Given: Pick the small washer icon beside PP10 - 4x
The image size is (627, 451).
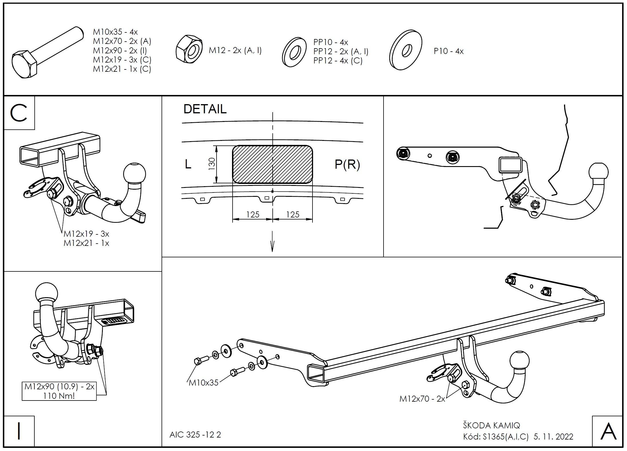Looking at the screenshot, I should point(294,52).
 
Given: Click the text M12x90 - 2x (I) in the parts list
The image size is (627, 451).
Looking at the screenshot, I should point(120,50).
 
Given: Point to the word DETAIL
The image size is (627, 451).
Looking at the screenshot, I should point(205,109).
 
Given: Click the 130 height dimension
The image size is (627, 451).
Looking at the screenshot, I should point(212,164).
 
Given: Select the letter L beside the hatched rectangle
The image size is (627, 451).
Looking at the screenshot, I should point(188,164).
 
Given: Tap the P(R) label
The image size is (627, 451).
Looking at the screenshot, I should point(347,164).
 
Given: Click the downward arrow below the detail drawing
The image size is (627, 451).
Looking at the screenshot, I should point(272,244).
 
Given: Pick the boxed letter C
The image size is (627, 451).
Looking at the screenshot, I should point(19,113).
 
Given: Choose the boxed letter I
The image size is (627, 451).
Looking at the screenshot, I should point(19,431).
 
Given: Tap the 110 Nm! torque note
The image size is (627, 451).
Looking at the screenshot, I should point(59,396).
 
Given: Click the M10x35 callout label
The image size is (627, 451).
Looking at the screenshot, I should point(204,383).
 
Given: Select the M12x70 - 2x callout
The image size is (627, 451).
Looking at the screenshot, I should point(422,399).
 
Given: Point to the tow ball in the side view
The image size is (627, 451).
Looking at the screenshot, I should point(598,173).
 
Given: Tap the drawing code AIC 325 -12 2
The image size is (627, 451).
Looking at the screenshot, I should point(195,435).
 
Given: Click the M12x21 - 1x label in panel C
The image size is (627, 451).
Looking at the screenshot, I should point(86,243).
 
